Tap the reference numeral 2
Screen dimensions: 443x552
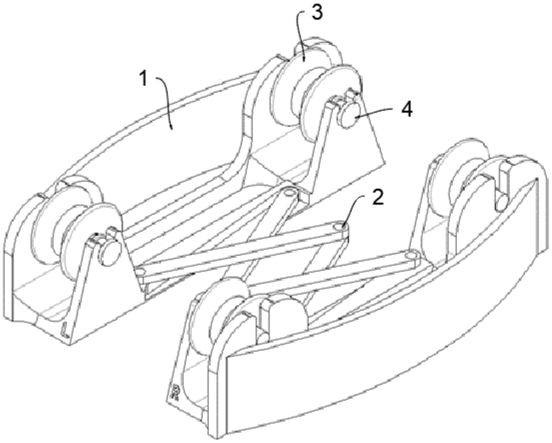click(x=378, y=198)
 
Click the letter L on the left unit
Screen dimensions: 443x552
click(x=66, y=331)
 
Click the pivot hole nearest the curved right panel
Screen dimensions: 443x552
click(x=410, y=256)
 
